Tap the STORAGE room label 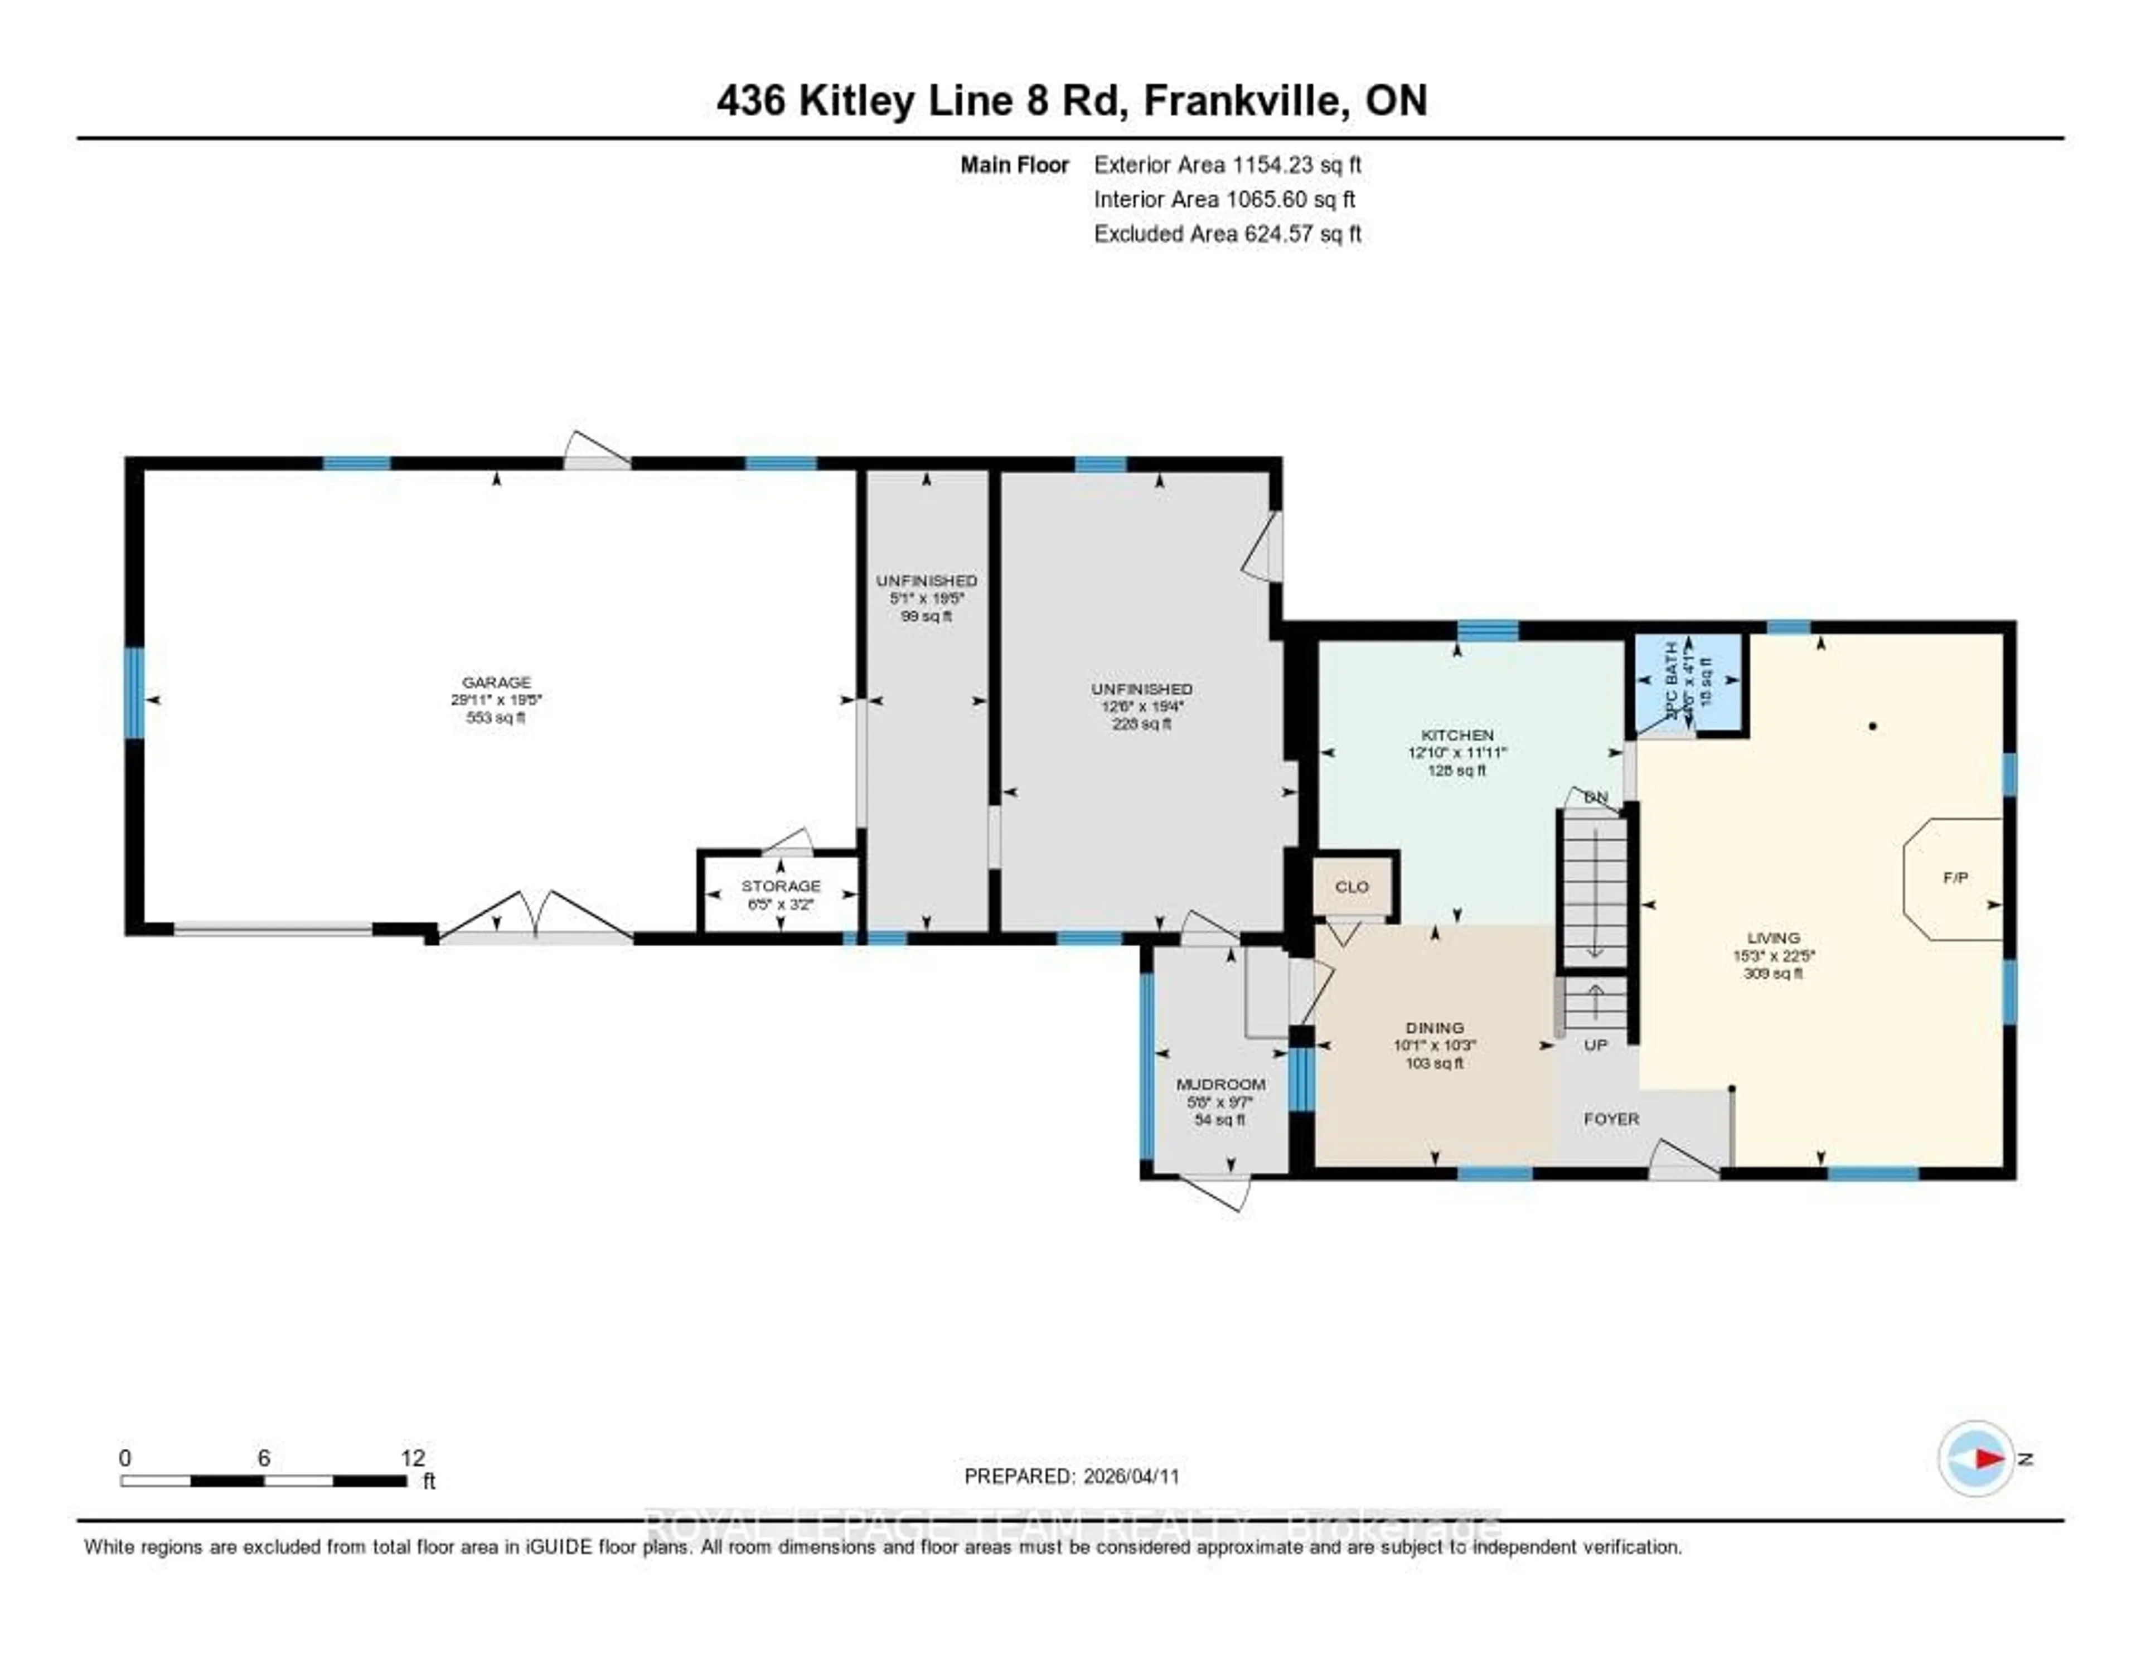(781, 886)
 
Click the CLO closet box (1352, 886)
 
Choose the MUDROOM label (1220, 1085)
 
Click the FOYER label (1611, 1119)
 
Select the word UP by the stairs (1595, 1045)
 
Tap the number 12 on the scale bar (413, 1458)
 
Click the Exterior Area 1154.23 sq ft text (1227, 165)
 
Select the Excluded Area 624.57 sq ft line (1227, 233)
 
